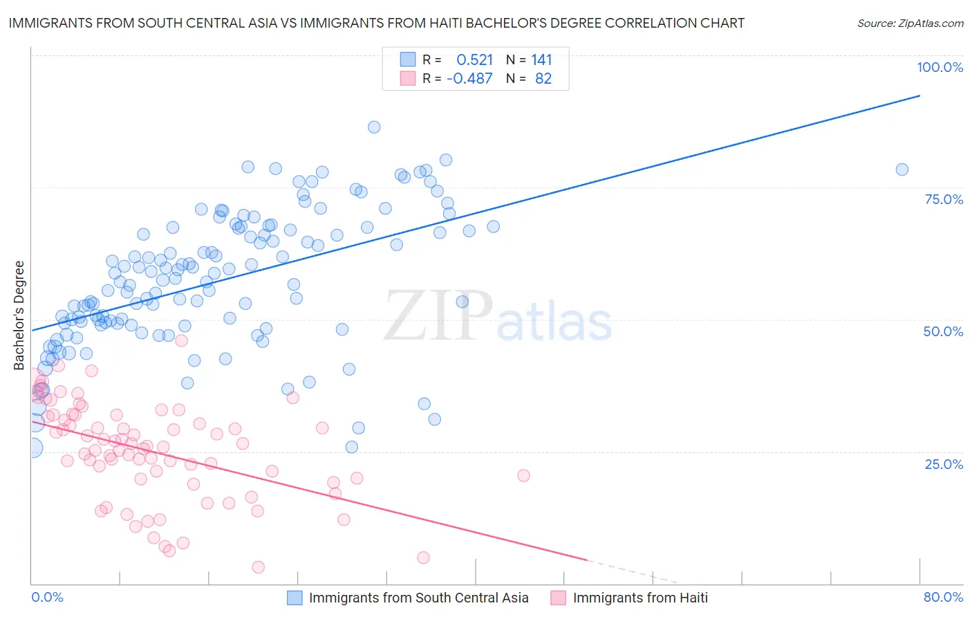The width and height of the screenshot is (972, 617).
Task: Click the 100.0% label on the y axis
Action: [x=940, y=67]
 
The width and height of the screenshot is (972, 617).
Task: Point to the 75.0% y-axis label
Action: [x=944, y=199]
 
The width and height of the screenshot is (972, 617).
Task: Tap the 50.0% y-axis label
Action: [x=943, y=331]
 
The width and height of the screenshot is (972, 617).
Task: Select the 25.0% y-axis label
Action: [x=944, y=463]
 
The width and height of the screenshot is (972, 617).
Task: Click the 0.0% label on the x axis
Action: [x=47, y=597]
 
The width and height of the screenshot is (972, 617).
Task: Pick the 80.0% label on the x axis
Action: [x=943, y=597]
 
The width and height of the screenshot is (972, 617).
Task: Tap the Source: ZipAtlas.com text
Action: [x=910, y=24]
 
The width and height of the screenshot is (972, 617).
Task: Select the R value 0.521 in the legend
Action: [x=474, y=60]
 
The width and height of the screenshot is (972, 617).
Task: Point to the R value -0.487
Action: [x=469, y=79]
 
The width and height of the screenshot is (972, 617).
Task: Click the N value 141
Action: [x=541, y=60]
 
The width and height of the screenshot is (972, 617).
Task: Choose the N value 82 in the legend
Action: [x=543, y=79]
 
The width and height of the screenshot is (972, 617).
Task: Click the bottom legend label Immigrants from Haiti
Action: [x=640, y=598]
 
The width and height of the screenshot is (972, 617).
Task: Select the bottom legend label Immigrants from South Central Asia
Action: [x=418, y=598]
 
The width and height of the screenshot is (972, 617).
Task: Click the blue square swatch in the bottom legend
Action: [x=295, y=598]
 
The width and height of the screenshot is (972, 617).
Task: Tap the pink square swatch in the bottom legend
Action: [x=559, y=598]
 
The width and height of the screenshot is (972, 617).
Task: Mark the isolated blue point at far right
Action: [x=901, y=169]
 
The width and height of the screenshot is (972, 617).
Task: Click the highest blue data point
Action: [x=374, y=127]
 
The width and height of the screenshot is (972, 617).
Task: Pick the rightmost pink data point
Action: [x=523, y=475]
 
